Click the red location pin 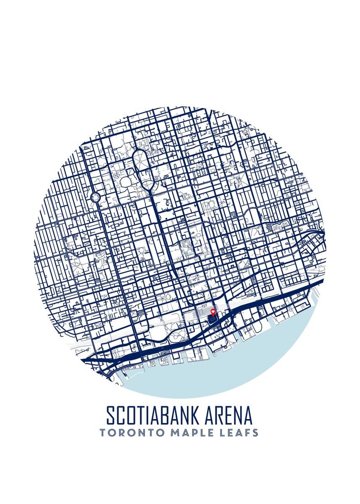(213, 312)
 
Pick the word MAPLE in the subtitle (189, 433)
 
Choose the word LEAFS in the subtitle (238, 433)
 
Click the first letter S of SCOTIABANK (110, 415)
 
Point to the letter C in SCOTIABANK (120, 415)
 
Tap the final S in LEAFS (255, 433)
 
